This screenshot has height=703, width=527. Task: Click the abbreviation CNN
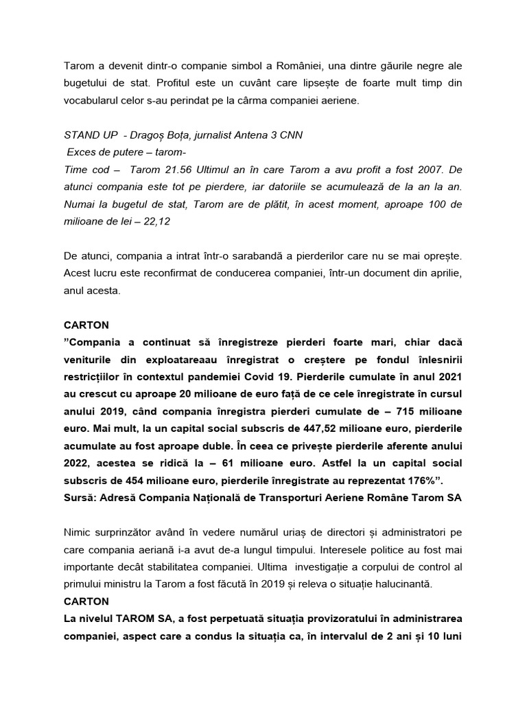(288, 135)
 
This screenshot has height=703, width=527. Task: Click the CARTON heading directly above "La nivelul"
(86, 601)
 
